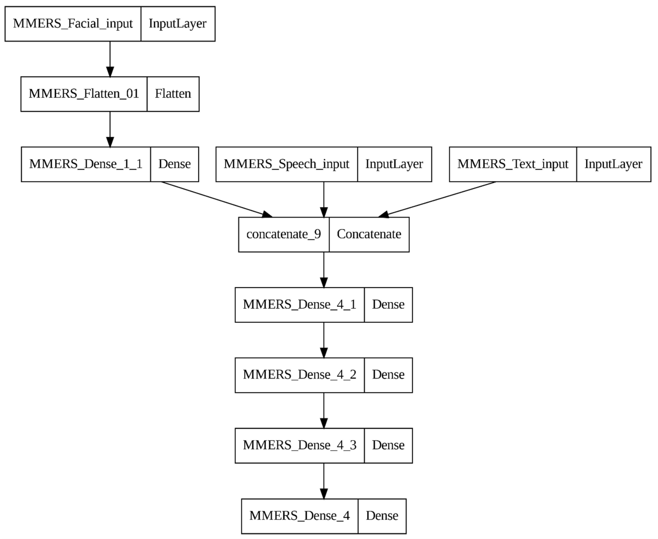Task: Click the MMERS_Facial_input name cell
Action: tap(73, 24)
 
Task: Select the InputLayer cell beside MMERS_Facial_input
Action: tap(178, 24)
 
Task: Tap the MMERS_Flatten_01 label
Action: tap(84, 94)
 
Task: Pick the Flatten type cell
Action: tap(173, 94)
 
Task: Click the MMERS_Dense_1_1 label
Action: tap(86, 164)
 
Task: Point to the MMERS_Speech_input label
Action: tap(287, 164)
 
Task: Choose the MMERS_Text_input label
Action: tap(513, 164)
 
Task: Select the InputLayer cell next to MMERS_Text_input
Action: tap(613, 164)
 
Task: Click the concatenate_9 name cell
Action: tap(283, 234)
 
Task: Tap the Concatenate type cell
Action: tap(369, 234)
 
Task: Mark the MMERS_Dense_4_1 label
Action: tap(299, 305)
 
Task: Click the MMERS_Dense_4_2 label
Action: tap(299, 375)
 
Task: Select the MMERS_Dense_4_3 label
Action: tap(299, 445)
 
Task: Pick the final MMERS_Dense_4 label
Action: tap(299, 516)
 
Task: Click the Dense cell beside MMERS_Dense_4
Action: tap(382, 516)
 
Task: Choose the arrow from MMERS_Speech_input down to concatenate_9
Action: tap(324, 199)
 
